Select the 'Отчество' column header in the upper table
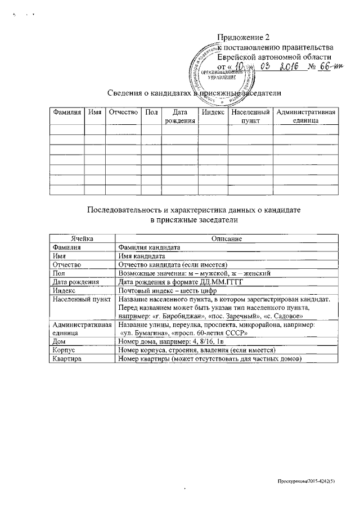click(123, 112)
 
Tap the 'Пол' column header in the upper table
click(151, 112)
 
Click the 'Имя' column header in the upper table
click(94, 112)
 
